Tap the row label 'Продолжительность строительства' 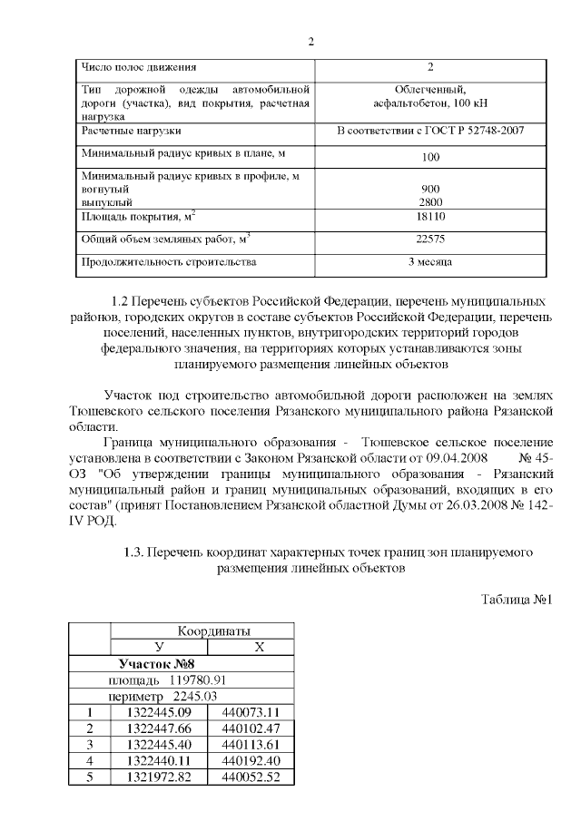point(169,262)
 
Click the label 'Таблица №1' point(516,600)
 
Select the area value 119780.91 point(192,679)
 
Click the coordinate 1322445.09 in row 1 point(159,712)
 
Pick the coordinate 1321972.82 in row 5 point(159,777)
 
